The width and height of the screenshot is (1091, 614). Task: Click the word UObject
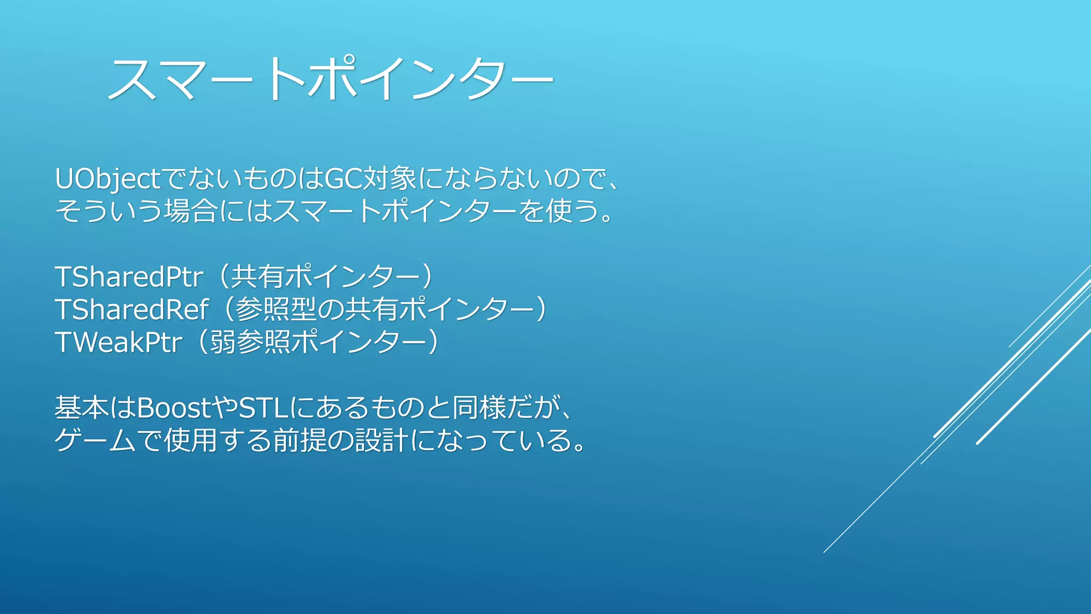(107, 179)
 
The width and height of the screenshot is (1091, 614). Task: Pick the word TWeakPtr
(119, 342)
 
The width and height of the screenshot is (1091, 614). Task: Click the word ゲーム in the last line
(95, 441)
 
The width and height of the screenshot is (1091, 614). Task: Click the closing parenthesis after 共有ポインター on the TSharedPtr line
(427, 277)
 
